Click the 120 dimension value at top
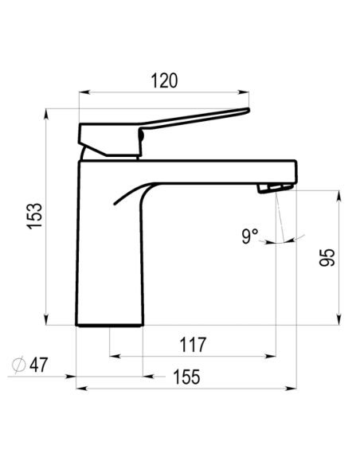pos(164,80)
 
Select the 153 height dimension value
pos(35,216)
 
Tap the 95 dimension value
pos(327,257)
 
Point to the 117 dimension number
pos(193,345)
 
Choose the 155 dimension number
pos(186,377)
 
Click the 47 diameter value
pos(38,365)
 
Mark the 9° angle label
pos(249,236)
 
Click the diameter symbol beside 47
pos(18,365)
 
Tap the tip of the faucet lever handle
pos(248,111)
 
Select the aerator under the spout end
pos(276,188)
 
